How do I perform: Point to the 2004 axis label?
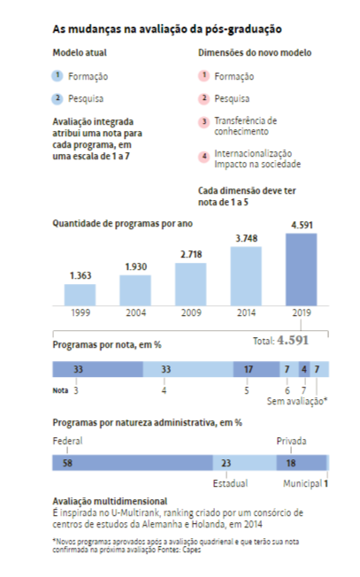(x=135, y=313)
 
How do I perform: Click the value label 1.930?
(x=135, y=266)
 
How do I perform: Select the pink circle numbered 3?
(x=203, y=120)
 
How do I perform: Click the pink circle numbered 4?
(x=203, y=158)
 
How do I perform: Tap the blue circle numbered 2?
(x=57, y=98)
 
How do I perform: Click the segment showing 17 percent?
(x=248, y=368)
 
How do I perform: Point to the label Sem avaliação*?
(x=299, y=401)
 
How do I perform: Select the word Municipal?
(x=301, y=484)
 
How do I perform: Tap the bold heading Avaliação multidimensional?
(x=110, y=502)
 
